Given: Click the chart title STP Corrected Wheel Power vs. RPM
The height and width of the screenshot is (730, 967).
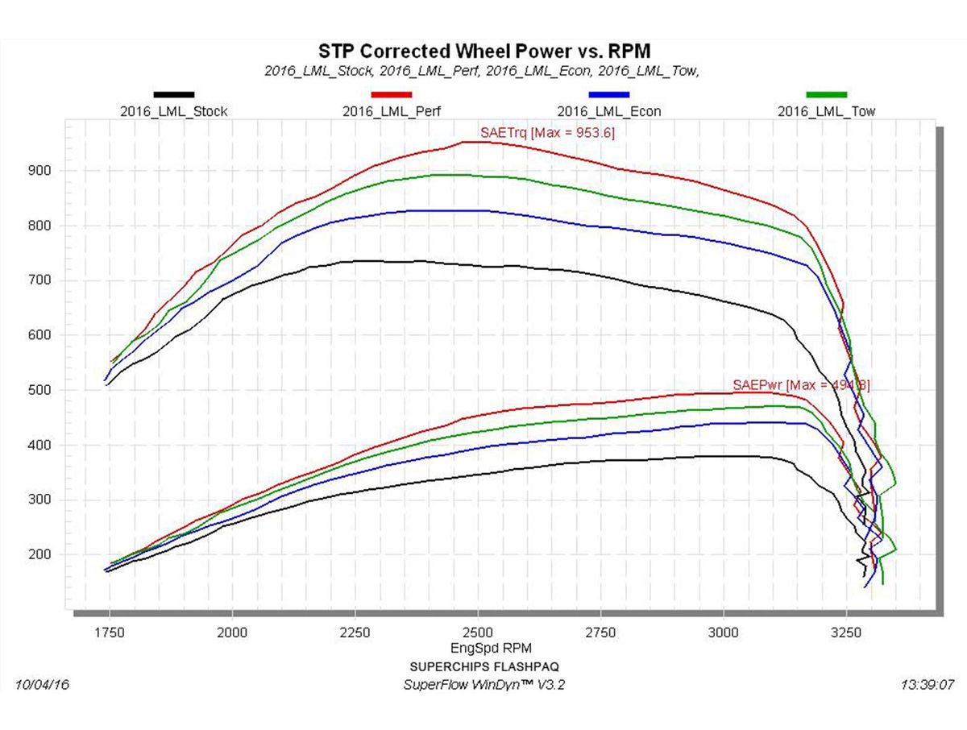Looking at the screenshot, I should click(484, 52).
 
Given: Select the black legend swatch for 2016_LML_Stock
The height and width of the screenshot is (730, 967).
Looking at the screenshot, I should click(173, 95).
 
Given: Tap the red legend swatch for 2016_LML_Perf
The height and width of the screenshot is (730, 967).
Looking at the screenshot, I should click(391, 95).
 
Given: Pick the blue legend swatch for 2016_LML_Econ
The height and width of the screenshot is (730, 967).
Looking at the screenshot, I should click(608, 95).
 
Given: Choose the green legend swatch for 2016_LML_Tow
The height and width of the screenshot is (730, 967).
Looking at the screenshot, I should click(826, 95).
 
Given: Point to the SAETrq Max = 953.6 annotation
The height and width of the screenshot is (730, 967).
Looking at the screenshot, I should click(547, 133).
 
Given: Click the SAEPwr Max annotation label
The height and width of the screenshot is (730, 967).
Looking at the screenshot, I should click(801, 385).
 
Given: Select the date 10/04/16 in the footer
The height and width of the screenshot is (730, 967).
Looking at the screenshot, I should click(43, 685).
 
